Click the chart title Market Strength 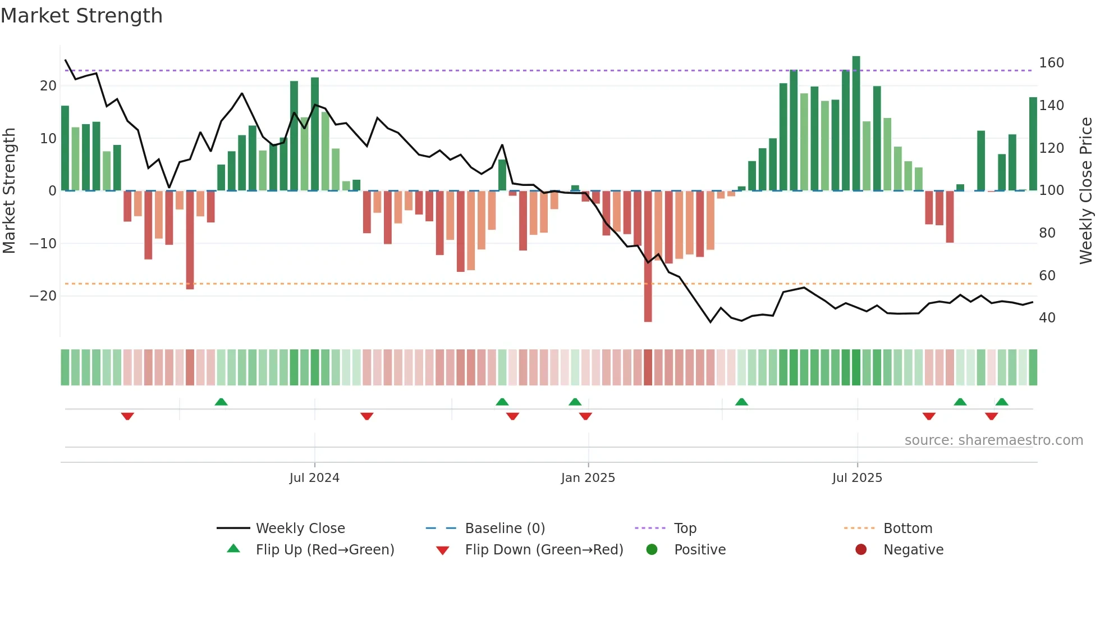point(81,16)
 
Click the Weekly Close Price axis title point(1086,190)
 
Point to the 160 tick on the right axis point(1051,63)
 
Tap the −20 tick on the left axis point(43,296)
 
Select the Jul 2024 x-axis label point(314,478)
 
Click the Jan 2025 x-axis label point(588,478)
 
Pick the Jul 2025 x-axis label point(857,478)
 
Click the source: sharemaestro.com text point(993,440)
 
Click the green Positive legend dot point(652,549)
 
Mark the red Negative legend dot point(861,549)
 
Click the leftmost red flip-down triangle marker point(127,416)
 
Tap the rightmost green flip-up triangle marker point(1002,402)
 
